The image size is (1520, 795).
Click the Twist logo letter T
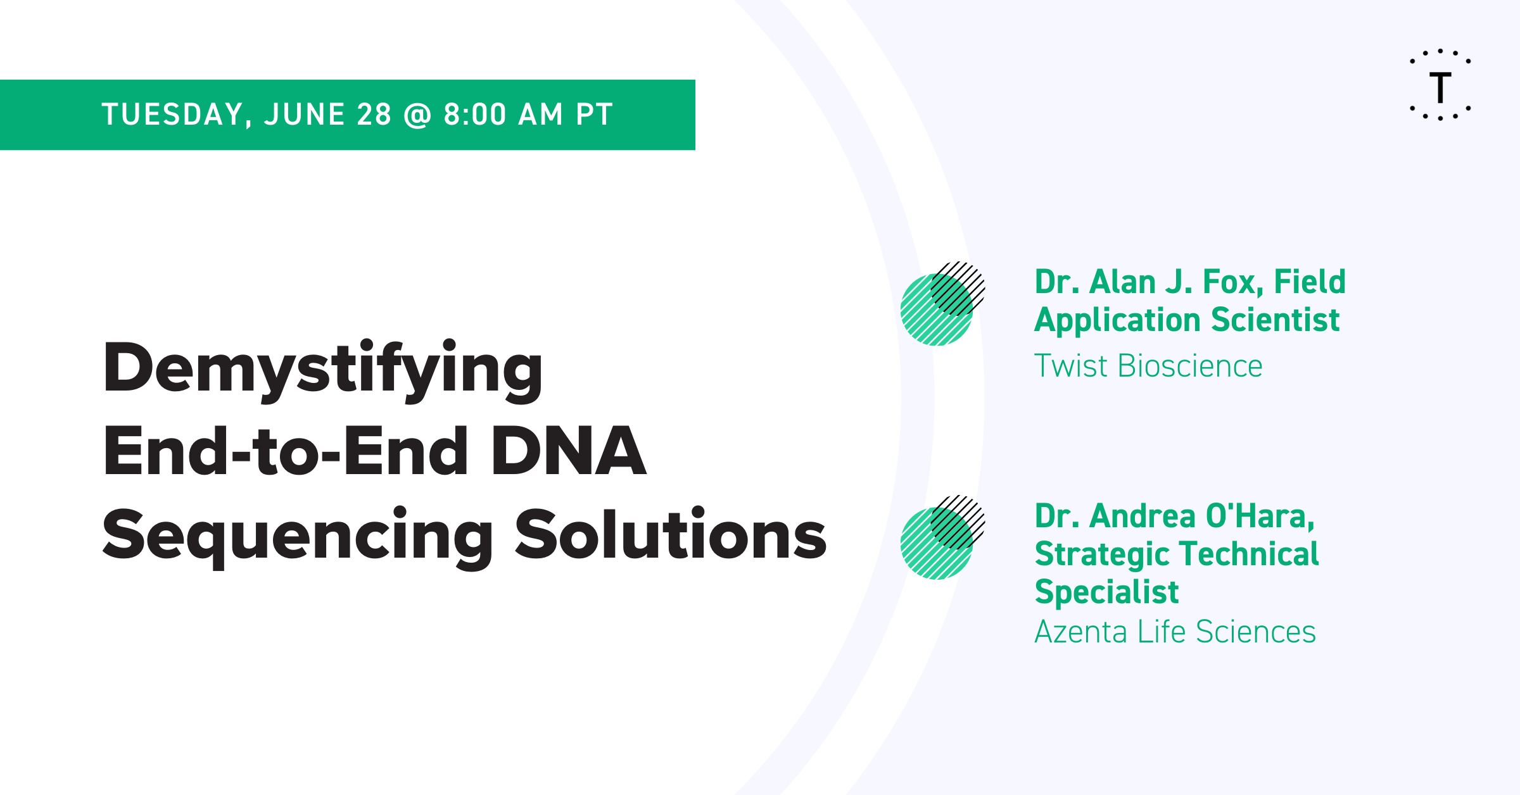(1440, 87)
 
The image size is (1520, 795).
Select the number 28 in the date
(374, 115)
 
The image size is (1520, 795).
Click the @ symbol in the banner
(417, 115)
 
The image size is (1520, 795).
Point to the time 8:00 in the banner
(475, 115)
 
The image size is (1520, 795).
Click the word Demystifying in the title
(323, 371)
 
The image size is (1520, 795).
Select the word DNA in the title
(568, 451)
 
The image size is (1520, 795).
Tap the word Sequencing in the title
(298, 538)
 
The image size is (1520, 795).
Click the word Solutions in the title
(671, 534)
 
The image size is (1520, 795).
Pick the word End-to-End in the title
(285, 451)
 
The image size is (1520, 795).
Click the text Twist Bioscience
(1148, 366)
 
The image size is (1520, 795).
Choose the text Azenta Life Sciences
(1175, 632)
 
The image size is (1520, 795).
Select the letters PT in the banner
(594, 115)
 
